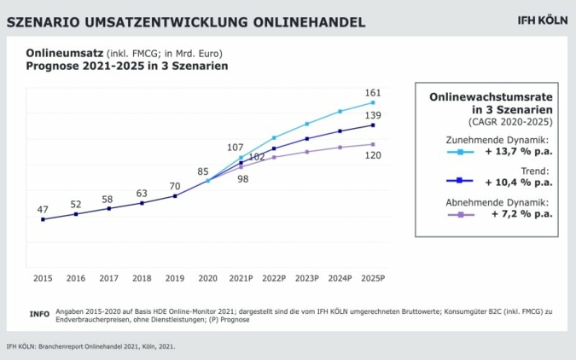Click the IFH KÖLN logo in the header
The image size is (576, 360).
tap(542, 20)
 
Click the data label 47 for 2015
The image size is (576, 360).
tap(43, 209)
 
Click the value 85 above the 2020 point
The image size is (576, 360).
tap(203, 171)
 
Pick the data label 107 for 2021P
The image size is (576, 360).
tap(236, 148)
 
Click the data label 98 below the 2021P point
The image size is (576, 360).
tap(243, 179)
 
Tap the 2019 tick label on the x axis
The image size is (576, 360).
tap(175, 278)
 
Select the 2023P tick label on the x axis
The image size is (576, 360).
tap(307, 278)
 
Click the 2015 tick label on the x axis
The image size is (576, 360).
tap(43, 278)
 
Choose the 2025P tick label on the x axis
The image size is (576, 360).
tap(373, 278)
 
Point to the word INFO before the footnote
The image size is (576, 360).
tap(39, 314)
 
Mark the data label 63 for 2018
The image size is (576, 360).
tap(142, 194)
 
